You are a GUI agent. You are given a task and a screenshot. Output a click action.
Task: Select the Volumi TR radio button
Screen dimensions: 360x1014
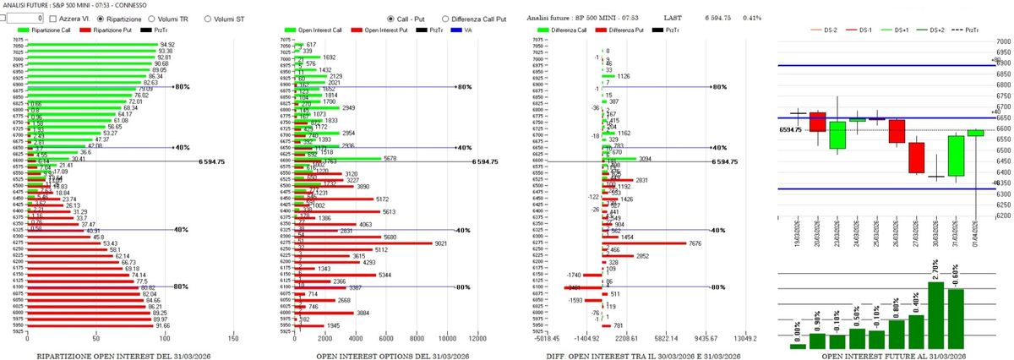(152, 18)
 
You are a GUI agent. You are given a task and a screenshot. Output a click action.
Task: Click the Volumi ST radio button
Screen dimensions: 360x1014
(207, 18)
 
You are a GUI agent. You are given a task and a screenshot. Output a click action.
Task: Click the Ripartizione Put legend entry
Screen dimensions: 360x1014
(111, 30)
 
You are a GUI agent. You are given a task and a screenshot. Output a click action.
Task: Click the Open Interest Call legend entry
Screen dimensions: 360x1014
(319, 30)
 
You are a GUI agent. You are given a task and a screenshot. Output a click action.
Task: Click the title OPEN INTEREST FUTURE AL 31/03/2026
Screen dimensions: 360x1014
(881, 356)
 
